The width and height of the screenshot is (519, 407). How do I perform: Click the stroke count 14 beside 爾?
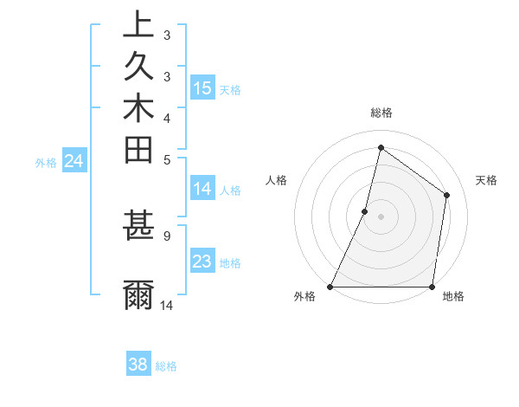(167, 305)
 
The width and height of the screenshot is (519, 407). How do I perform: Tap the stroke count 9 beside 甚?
(166, 234)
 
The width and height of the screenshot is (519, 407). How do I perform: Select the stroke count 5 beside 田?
(166, 158)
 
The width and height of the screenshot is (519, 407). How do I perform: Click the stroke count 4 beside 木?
(166, 117)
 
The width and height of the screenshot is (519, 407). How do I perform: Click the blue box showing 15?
(202, 87)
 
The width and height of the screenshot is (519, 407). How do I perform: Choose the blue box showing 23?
(202, 262)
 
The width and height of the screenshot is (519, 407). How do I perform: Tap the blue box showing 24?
(74, 160)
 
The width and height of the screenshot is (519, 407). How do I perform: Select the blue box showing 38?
(138, 365)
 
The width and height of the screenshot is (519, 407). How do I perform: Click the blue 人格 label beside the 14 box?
(231, 191)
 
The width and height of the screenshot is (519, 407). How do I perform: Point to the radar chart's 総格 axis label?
(381, 113)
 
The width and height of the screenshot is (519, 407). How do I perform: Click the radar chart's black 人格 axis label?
(277, 180)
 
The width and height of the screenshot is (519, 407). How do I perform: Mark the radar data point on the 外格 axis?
(330, 287)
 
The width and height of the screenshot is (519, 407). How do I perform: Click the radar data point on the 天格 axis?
(447, 195)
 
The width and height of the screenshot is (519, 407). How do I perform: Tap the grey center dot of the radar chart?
(381, 216)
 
